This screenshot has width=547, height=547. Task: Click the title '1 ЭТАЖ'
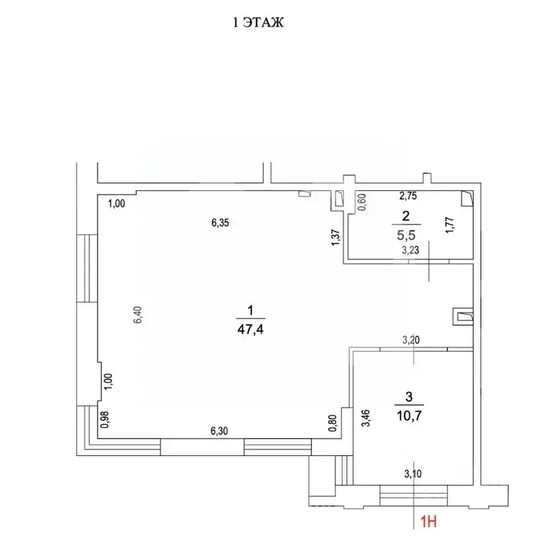(260, 24)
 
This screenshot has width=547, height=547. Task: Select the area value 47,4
(250, 330)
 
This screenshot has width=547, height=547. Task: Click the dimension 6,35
(219, 222)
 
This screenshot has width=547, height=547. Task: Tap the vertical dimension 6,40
(140, 315)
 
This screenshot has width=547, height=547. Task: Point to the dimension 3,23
(410, 250)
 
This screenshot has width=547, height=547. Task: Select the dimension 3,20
(410, 340)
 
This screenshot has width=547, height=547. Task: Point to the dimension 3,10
(412, 472)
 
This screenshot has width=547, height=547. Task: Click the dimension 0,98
(105, 421)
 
